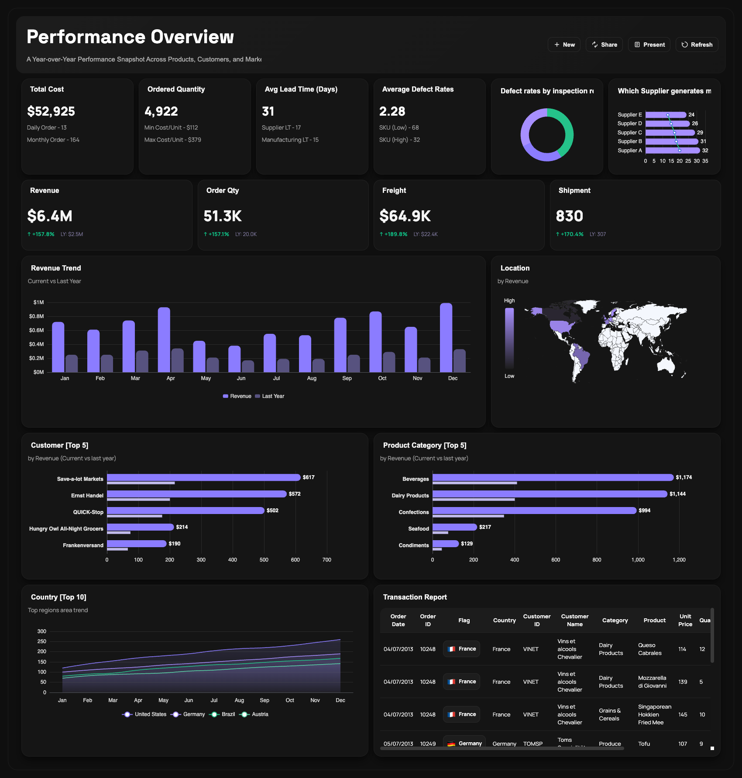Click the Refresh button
click(697, 45)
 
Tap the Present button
click(649, 45)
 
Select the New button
click(564, 45)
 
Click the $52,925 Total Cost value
click(51, 111)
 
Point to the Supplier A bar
click(672, 151)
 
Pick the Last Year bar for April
click(177, 360)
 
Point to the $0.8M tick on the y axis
click(37, 316)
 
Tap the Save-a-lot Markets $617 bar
click(203, 477)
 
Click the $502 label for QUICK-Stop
click(272, 511)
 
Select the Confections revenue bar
click(534, 511)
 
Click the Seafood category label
click(418, 529)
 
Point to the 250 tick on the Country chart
click(42, 641)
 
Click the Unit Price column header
click(685, 620)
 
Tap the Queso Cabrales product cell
click(649, 649)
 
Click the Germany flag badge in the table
click(465, 743)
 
